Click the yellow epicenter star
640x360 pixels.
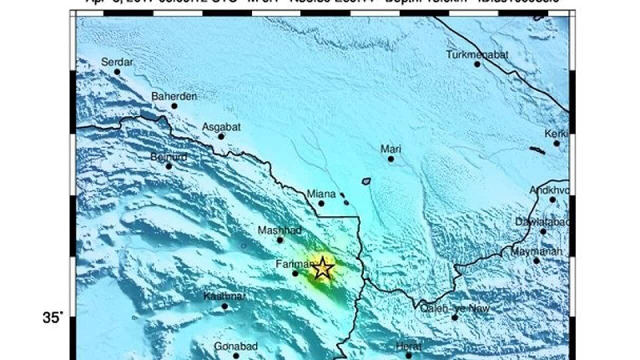(x=323, y=268)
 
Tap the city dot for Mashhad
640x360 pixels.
(x=280, y=240)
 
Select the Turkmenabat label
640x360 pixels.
(x=477, y=54)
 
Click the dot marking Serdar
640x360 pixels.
(x=117, y=71)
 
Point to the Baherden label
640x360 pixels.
(x=174, y=96)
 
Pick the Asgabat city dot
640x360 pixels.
(x=221, y=136)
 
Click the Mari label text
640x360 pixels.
(x=390, y=149)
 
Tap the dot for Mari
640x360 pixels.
(x=390, y=159)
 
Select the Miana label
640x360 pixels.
(x=321, y=193)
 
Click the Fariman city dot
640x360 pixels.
(x=295, y=273)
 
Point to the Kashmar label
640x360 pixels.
(x=224, y=296)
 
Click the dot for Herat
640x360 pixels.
(x=408, y=355)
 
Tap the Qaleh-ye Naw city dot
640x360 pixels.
(x=454, y=317)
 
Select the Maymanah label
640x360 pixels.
(x=536, y=251)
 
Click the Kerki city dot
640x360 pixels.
(x=556, y=143)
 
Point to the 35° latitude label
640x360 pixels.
(x=53, y=317)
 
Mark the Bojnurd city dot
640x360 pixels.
(x=169, y=166)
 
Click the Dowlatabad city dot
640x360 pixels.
(x=543, y=231)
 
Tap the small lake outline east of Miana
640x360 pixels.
(x=366, y=181)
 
